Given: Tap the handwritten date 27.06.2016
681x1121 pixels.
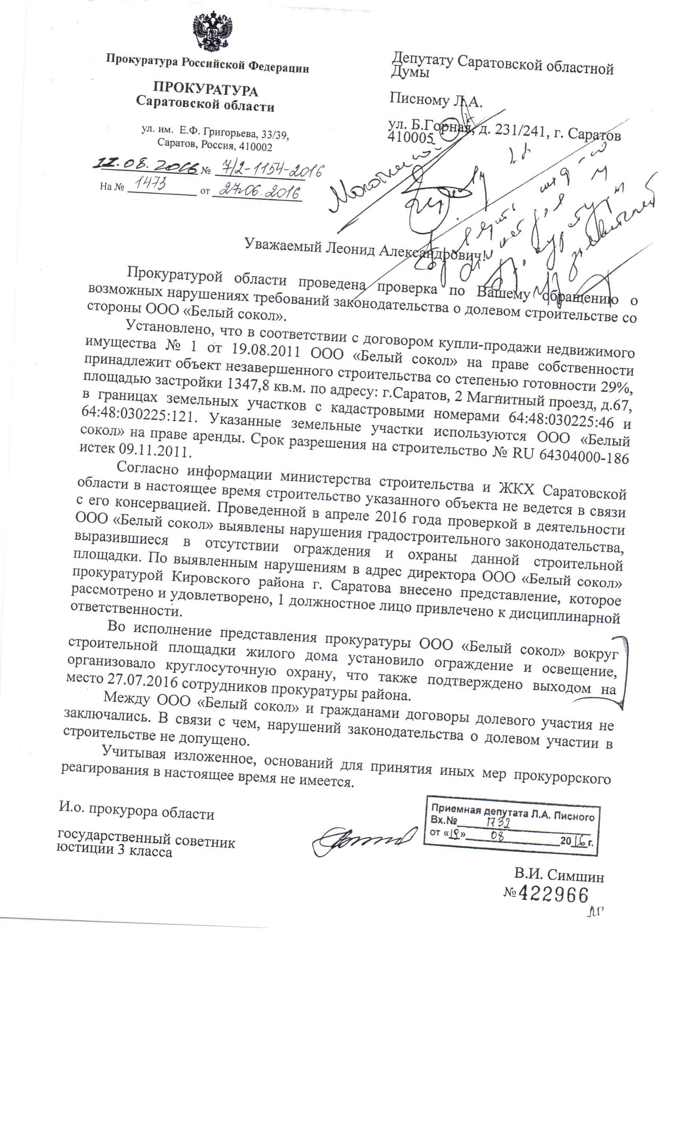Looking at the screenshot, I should tap(257, 191).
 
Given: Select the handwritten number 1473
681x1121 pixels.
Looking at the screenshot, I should tap(147, 184).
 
